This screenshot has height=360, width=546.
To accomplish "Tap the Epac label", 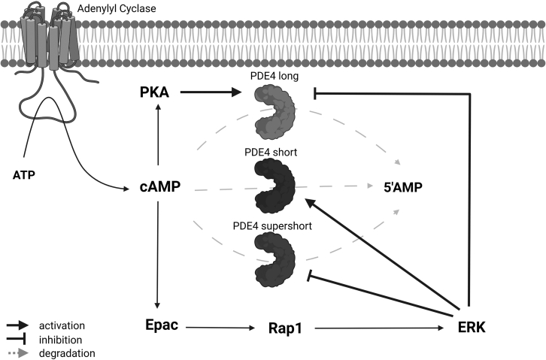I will coord(161,325).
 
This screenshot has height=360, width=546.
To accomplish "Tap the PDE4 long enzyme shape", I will coord(275,108).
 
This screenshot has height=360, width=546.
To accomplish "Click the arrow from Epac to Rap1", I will coord(220,328).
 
